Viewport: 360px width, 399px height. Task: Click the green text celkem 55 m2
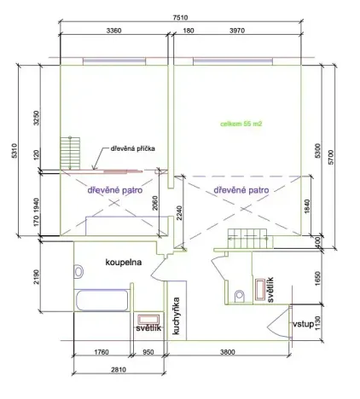[x=241, y=124]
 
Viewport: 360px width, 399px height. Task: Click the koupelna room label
[x=123, y=261]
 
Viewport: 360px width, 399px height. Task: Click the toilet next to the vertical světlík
[x=239, y=296]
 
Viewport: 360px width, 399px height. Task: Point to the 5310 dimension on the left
[x=12, y=152]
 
